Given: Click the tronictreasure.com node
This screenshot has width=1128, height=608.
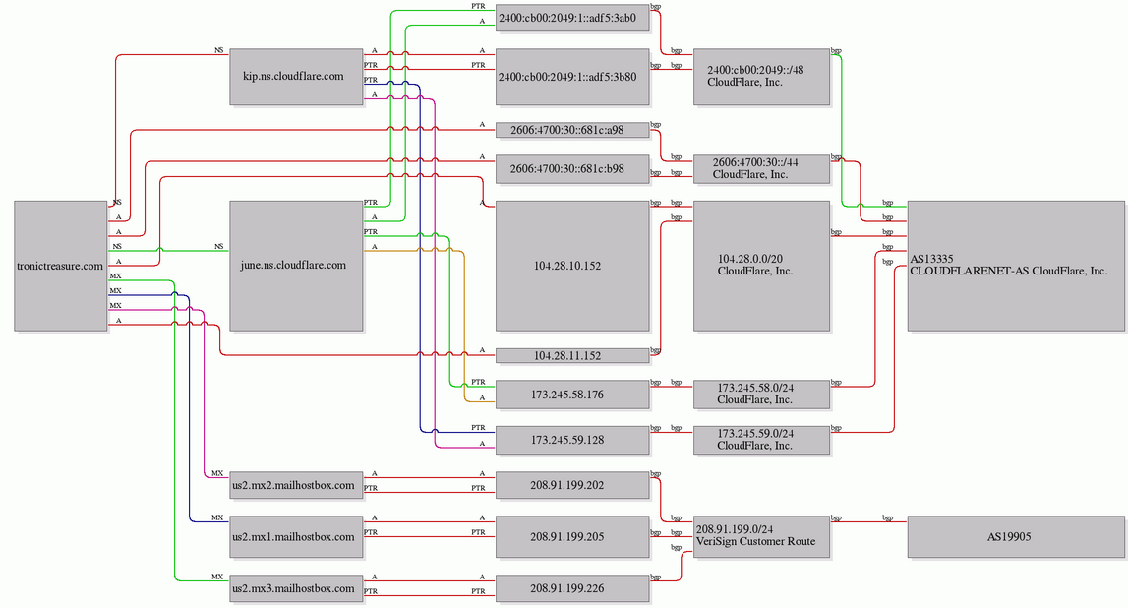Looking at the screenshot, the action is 61,267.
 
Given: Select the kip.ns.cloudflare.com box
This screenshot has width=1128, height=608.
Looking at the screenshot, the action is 296,77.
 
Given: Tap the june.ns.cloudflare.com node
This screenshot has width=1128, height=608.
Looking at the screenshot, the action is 296,267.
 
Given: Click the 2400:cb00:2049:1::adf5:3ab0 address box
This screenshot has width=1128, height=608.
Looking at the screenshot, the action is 572,18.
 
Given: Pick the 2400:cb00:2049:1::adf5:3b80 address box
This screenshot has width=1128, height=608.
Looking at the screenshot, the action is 572,77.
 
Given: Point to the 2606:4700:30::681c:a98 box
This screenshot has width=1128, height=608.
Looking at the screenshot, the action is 572,130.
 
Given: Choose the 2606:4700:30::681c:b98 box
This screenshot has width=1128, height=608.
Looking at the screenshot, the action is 572,169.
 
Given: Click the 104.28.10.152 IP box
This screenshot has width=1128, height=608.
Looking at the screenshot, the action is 572,267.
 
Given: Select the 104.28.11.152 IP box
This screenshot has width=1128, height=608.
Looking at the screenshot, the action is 572,355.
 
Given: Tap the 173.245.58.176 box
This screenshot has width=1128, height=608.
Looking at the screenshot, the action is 572,395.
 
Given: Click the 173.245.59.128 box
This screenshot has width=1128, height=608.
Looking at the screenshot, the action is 572,441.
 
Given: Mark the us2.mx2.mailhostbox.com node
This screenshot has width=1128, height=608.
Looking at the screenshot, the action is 296,486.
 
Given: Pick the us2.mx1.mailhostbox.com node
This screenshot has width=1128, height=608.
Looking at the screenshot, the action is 296,537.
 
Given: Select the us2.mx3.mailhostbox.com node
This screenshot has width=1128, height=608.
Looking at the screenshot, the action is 296,588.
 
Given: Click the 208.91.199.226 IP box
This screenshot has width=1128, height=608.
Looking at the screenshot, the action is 572,588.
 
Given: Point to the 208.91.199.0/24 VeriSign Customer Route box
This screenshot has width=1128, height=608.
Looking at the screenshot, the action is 762,537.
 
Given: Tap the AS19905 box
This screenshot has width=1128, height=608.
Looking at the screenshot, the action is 1016,537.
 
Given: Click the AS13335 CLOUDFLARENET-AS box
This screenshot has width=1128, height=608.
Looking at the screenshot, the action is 1016,267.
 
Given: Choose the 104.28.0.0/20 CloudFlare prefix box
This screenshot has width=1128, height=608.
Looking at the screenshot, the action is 762,267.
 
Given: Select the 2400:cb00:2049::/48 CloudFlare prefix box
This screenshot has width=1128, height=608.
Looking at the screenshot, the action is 762,77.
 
